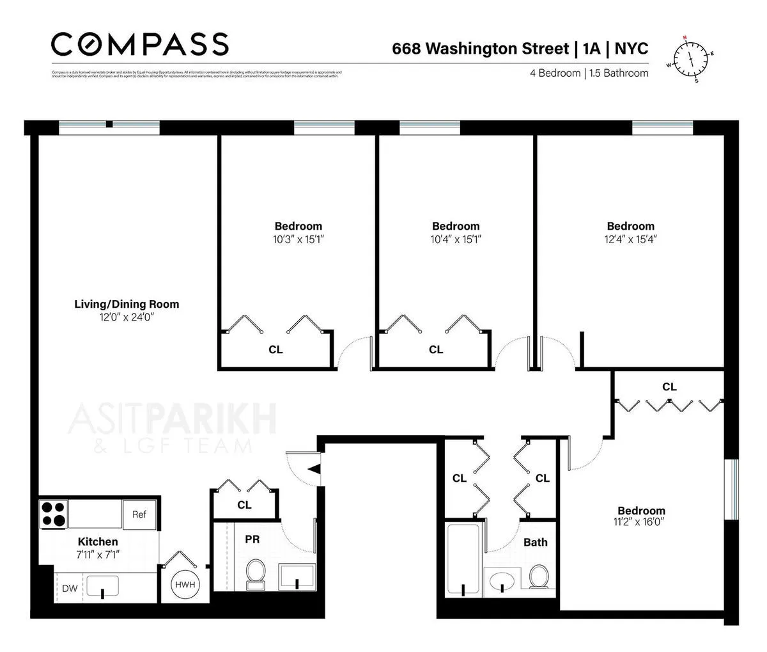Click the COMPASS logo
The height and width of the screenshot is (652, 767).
139,44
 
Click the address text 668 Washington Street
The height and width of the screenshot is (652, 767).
479,49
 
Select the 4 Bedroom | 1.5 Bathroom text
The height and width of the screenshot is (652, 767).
589,73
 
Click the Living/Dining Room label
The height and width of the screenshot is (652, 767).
127,304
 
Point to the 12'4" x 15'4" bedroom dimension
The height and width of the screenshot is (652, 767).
630,239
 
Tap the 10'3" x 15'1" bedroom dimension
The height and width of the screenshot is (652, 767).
298,239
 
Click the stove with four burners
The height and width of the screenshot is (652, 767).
54,513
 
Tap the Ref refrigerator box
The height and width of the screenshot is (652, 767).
139,514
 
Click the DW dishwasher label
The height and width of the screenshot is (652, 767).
69,588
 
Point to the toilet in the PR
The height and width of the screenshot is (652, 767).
255,573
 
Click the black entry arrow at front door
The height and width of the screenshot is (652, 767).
313,469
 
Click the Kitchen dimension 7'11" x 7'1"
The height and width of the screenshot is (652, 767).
98,554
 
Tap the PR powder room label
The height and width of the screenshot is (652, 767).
252,539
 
